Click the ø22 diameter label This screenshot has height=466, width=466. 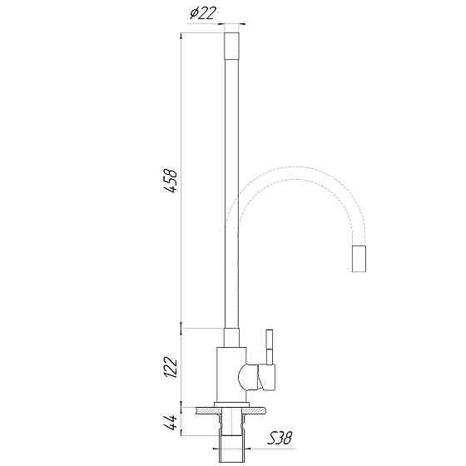[204, 13]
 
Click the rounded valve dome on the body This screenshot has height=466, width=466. [247, 379]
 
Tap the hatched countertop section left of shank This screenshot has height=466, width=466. [204, 410]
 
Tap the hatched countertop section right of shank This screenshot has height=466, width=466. [260, 410]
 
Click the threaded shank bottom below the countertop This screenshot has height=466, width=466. [234, 449]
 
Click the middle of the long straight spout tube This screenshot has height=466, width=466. [234, 191]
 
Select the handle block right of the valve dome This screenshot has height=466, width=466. [267, 379]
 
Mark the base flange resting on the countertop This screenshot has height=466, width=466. [234, 405]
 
